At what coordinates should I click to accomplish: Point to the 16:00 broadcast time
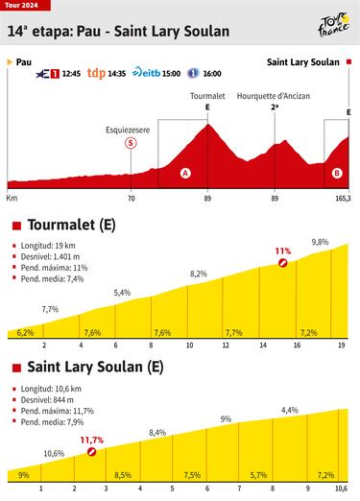click(x=211, y=73)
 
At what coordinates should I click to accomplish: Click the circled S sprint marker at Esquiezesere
click(x=131, y=143)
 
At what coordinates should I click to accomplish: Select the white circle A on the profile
click(x=185, y=173)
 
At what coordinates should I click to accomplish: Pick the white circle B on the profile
click(x=336, y=173)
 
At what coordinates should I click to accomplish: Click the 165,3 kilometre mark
click(x=343, y=199)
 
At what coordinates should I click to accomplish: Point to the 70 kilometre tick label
click(x=131, y=199)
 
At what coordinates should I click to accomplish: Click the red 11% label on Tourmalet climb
click(x=282, y=250)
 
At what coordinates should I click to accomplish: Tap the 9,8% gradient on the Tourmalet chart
click(x=321, y=242)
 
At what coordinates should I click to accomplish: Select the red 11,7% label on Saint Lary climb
click(x=92, y=440)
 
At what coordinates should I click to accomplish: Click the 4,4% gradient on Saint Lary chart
click(x=290, y=411)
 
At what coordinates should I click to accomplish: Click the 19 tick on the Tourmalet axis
click(x=342, y=346)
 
